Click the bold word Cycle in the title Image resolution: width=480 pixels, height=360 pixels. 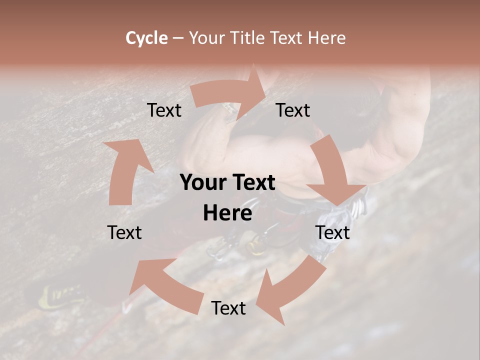[x=146, y=38]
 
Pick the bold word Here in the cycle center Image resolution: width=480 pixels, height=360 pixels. [x=227, y=213]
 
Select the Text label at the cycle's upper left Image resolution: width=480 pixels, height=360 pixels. [x=164, y=110]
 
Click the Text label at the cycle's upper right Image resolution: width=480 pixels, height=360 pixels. [x=293, y=110]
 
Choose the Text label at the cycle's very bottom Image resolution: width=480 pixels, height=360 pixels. [x=228, y=308]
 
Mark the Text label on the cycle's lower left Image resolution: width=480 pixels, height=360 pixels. [x=124, y=232]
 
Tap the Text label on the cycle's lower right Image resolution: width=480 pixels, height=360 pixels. [x=332, y=232]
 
